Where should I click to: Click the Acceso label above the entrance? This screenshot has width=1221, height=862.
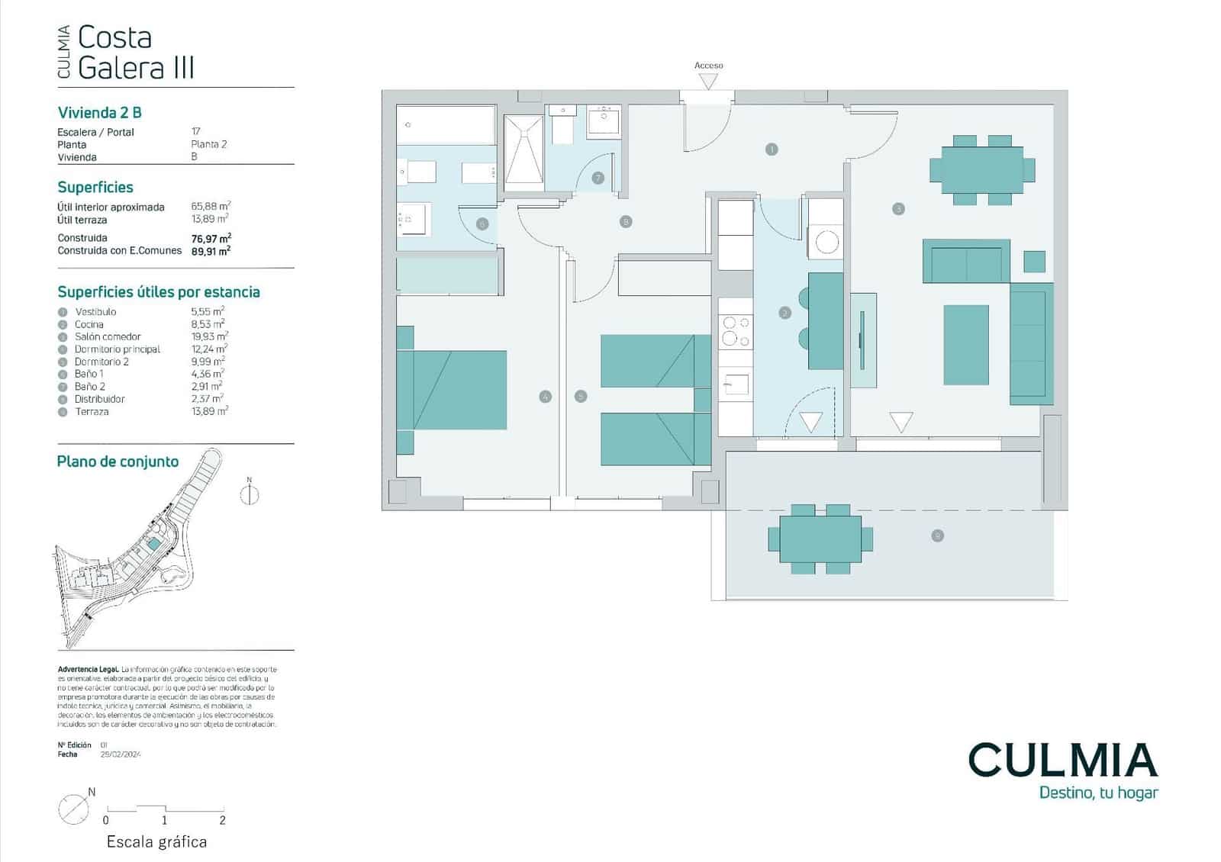(x=708, y=66)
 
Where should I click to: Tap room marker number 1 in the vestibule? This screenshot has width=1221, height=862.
(x=772, y=150)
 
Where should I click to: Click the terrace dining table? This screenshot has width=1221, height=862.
(x=820, y=539)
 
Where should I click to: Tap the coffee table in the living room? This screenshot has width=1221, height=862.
(x=965, y=345)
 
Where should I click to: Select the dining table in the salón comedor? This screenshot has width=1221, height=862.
(x=981, y=169)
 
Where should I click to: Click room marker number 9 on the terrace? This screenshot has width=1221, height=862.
(x=937, y=536)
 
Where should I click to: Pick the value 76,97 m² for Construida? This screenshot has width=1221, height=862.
(x=211, y=238)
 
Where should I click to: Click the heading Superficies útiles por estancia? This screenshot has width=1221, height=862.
(x=159, y=292)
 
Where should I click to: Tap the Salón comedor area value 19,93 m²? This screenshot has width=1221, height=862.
(x=209, y=336)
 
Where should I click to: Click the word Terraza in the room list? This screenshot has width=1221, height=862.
(x=92, y=412)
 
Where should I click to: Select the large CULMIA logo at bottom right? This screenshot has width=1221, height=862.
(x=1062, y=760)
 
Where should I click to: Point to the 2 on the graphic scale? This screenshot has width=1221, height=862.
(x=223, y=821)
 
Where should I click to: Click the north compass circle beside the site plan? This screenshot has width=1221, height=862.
(x=250, y=495)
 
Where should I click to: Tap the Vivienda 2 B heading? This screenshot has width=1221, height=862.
(x=100, y=113)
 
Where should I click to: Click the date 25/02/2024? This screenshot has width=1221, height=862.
(x=121, y=754)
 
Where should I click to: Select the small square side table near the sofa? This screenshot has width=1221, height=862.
(x=1034, y=262)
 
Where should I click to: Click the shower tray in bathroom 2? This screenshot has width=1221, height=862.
(x=523, y=153)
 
